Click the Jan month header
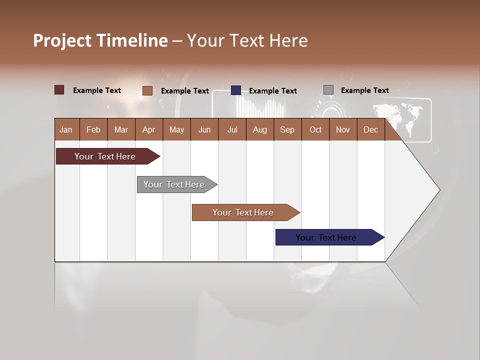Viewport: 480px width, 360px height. pyautogui.click(x=66, y=129)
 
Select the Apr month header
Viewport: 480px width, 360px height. pyautogui.click(x=148, y=129)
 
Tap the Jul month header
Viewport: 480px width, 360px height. pyautogui.click(x=232, y=129)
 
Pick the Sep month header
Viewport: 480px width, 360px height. pyautogui.click(x=287, y=129)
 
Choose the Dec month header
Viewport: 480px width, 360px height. pyautogui.click(x=370, y=129)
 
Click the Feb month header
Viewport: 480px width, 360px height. pyautogui.click(x=93, y=129)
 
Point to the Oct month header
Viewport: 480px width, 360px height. pyautogui.click(x=315, y=129)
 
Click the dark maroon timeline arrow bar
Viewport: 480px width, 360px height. pyautogui.click(x=105, y=156)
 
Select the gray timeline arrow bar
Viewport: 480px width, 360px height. pyautogui.click(x=174, y=184)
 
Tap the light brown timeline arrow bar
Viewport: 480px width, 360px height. pyautogui.click(x=243, y=212)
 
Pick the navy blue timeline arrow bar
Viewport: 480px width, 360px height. pyautogui.click(x=326, y=237)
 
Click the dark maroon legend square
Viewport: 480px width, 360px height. pyautogui.click(x=59, y=90)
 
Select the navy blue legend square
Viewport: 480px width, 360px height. pyautogui.click(x=236, y=90)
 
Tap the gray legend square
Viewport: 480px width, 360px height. pyautogui.click(x=328, y=90)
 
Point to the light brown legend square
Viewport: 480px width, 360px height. pyautogui.click(x=147, y=90)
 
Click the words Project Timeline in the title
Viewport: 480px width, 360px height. pyautogui.click(x=100, y=40)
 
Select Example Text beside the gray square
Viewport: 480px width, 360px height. pyautogui.click(x=364, y=90)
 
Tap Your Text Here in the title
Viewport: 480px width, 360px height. pyautogui.click(x=247, y=40)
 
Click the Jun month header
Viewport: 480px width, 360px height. pyautogui.click(x=204, y=129)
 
